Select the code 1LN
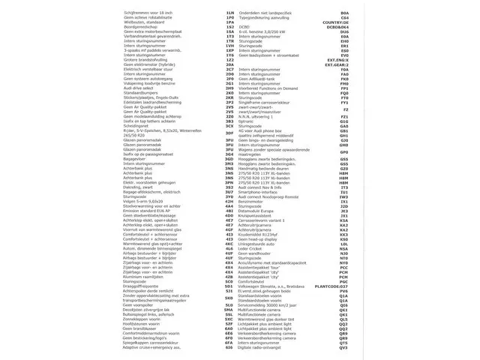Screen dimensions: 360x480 [229, 13]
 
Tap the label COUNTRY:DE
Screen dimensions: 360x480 [334, 23]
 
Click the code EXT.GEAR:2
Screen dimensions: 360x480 [332, 65]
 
